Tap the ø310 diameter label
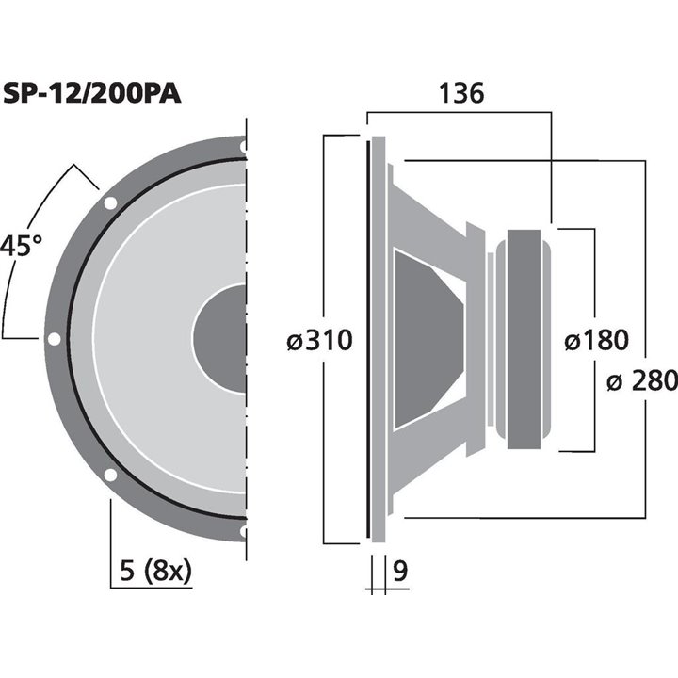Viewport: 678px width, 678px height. tap(319, 341)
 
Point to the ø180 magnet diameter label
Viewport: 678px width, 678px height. tap(596, 341)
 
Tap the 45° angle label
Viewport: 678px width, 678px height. tap(21, 247)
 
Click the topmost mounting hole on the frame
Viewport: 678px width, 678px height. tap(244, 147)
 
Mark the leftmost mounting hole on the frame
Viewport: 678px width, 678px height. tap(54, 339)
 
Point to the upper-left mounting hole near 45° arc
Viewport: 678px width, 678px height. tap(110, 202)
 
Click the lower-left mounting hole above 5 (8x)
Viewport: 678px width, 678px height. tap(110, 476)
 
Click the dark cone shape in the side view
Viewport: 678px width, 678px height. tap(428, 339)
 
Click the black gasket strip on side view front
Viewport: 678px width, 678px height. tap(366, 339)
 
